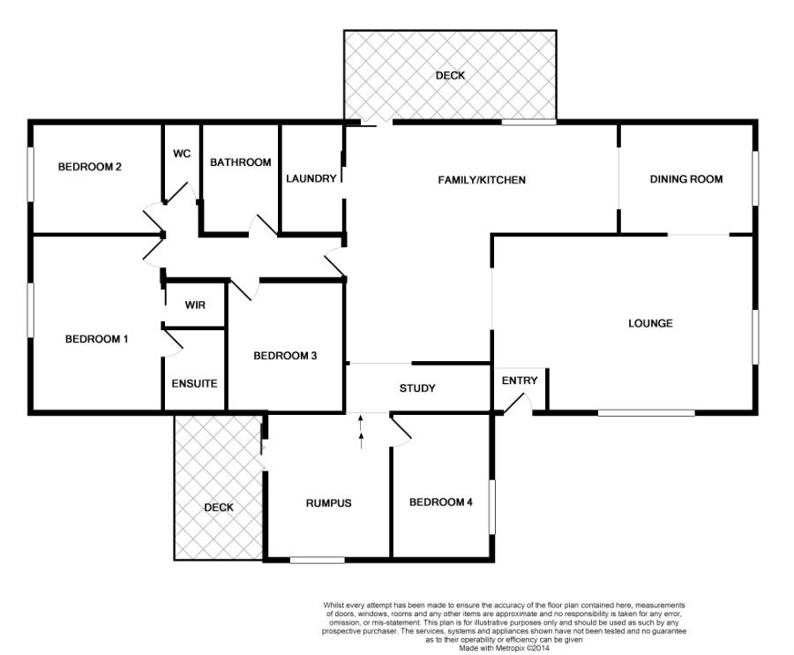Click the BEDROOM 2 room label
pyautogui.click(x=90, y=167)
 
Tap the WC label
pyautogui.click(x=182, y=153)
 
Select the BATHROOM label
pyautogui.click(x=241, y=162)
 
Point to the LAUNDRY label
pyautogui.click(x=311, y=178)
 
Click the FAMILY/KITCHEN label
pyautogui.click(x=482, y=180)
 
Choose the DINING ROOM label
pyautogui.click(x=686, y=179)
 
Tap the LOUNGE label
pyautogui.click(x=650, y=323)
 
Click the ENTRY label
pyautogui.click(x=520, y=380)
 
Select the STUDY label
pyautogui.click(x=417, y=388)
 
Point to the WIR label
pyautogui.click(x=195, y=305)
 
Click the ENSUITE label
pyautogui.click(x=194, y=383)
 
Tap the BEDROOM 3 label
pyautogui.click(x=285, y=356)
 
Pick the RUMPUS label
pyautogui.click(x=329, y=503)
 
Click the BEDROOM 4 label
pyautogui.click(x=441, y=502)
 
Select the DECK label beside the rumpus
pyautogui.click(x=219, y=507)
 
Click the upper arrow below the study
pyautogui.click(x=361, y=423)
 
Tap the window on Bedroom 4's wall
pyautogui.click(x=491, y=507)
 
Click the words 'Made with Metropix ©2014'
pyautogui.click(x=504, y=648)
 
